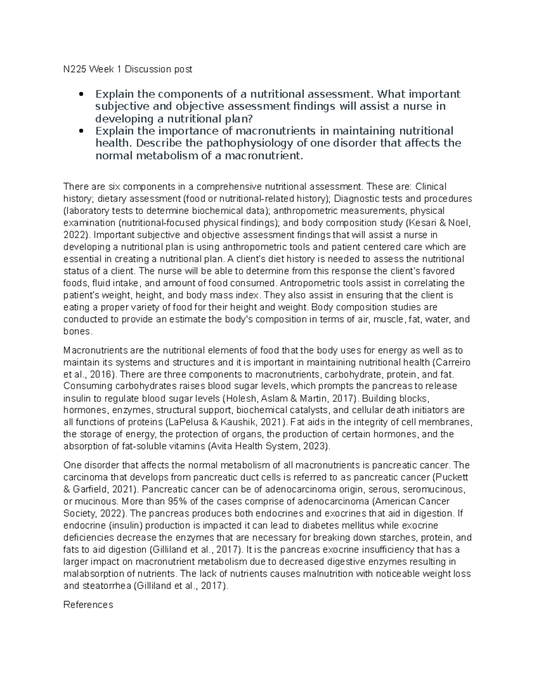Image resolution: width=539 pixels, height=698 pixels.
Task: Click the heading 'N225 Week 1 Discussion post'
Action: [128, 69]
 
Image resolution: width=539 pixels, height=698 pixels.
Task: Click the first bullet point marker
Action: [81, 94]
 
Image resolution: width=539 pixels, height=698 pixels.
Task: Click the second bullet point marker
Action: [81, 131]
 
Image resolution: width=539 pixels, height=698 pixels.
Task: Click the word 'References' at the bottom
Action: [88, 605]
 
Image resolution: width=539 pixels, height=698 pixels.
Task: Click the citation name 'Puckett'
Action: [455, 477]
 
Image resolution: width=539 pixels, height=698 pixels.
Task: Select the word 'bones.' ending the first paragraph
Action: [78, 332]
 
